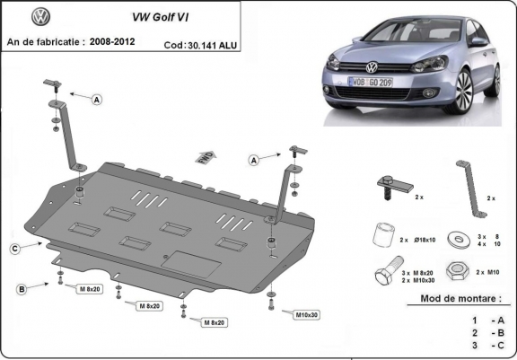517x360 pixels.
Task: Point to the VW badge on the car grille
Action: (x=372, y=66)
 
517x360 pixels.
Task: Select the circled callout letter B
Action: (x=20, y=288)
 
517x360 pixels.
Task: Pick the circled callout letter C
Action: (x=15, y=248)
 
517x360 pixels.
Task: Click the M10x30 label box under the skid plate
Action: (x=306, y=314)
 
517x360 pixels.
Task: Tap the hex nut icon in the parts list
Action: (x=456, y=271)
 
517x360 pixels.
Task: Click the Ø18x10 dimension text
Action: (x=425, y=240)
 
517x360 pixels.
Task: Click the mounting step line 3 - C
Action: (x=484, y=344)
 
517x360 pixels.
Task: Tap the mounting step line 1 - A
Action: (x=484, y=319)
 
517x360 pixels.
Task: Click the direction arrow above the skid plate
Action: (x=205, y=156)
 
